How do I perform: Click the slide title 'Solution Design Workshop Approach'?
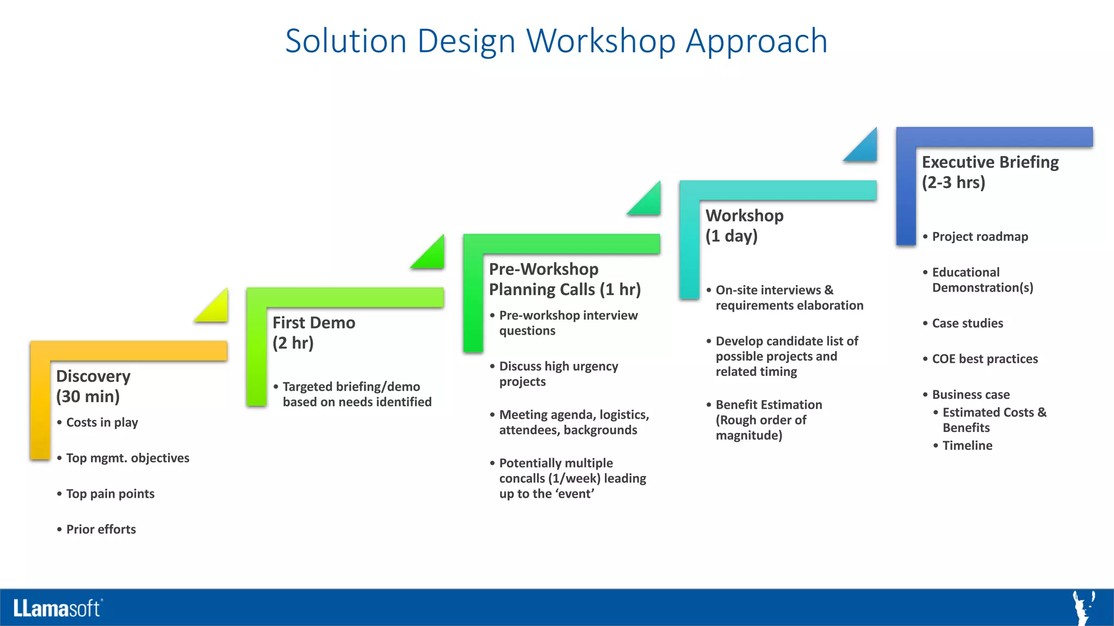(556, 41)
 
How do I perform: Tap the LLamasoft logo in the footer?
(58, 608)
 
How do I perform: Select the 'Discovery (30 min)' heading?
(93, 386)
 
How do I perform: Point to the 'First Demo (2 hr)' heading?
(313, 333)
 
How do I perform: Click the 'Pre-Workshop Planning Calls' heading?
(564, 279)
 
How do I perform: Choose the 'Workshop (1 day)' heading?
(744, 226)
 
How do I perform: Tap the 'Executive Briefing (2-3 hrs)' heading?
(989, 172)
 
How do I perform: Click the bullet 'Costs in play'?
(102, 423)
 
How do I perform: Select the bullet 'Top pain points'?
(110, 494)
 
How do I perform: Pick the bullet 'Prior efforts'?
(101, 529)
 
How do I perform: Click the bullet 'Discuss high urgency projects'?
(558, 374)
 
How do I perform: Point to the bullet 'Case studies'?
(967, 323)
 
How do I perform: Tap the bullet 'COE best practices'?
(985, 359)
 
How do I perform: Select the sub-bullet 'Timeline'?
(967, 446)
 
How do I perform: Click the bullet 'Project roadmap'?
(980, 237)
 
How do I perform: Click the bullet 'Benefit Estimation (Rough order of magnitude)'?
(768, 420)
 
